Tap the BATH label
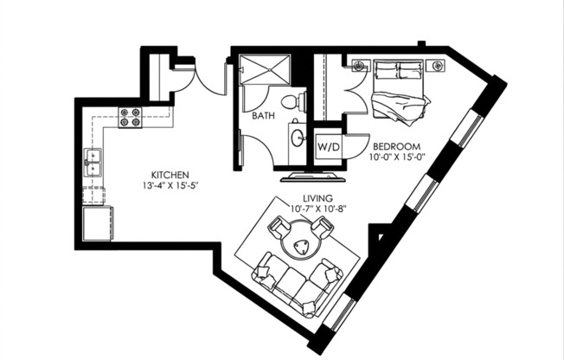[264, 115]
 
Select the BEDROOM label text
[399, 145]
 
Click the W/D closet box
[328, 146]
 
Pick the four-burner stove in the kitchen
[131, 117]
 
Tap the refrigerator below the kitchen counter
[97, 223]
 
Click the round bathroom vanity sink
[297, 137]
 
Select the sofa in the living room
[295, 285]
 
